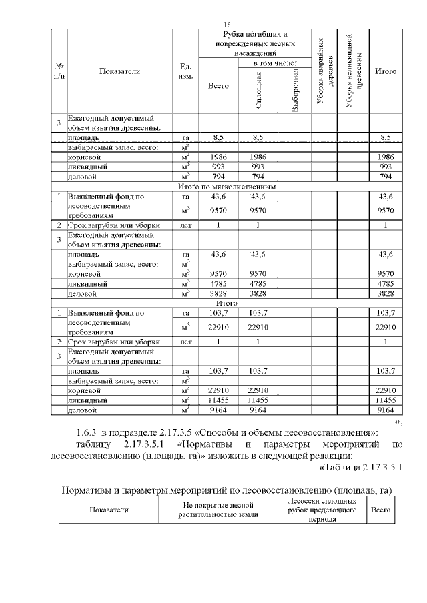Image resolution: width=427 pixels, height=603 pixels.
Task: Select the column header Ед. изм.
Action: coord(186,71)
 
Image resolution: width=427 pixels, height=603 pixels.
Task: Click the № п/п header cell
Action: coord(59,71)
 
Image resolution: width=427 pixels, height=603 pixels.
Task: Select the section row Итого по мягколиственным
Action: coord(228,187)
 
